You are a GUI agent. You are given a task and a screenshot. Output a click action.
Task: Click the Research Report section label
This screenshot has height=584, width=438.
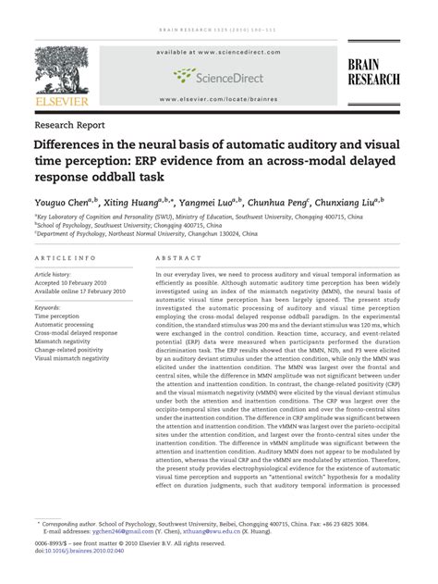(x=69, y=123)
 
